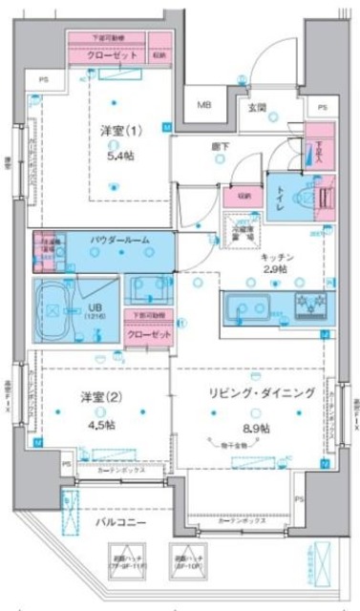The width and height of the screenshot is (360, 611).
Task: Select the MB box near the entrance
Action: point(204,104)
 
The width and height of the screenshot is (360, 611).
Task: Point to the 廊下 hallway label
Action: point(221,148)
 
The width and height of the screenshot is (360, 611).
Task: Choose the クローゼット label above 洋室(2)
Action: point(148,335)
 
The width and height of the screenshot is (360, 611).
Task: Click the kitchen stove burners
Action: point(309,305)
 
